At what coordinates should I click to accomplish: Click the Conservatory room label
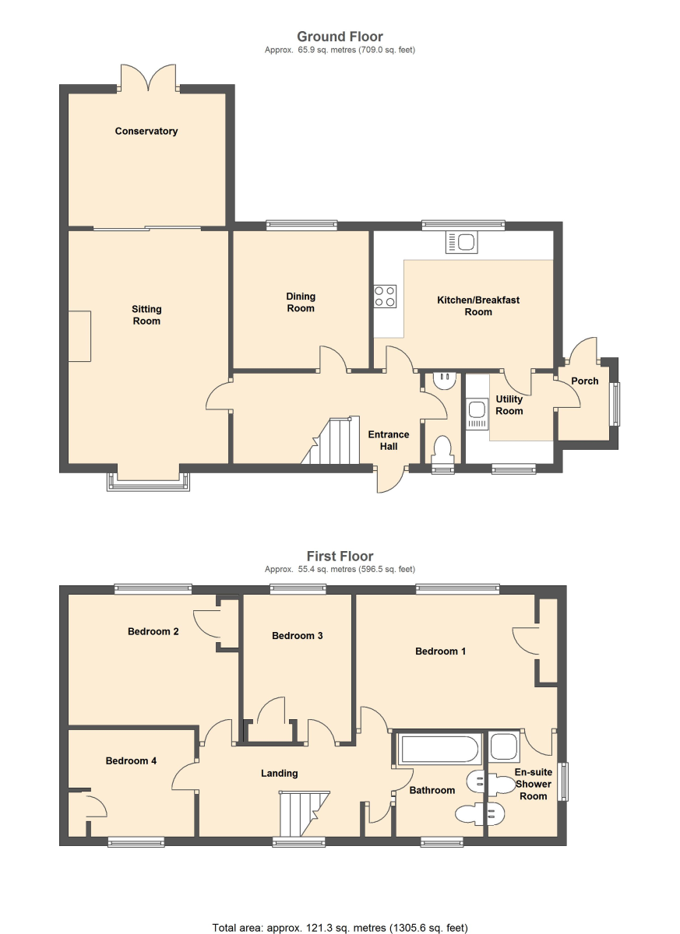click(146, 131)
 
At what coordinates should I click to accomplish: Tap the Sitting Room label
click(146, 314)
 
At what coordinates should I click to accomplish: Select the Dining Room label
click(301, 302)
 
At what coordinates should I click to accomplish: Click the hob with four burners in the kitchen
click(385, 296)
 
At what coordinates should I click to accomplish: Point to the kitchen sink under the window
click(461, 242)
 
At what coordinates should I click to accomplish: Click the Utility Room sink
click(477, 414)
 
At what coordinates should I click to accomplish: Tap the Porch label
click(584, 381)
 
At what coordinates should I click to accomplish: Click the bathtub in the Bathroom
click(439, 750)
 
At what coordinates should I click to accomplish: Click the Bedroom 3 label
click(297, 635)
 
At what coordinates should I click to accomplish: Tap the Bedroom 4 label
click(131, 760)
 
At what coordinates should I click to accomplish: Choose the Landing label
click(279, 774)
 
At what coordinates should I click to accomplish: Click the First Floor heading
click(340, 556)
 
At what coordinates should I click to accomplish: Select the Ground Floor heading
click(340, 37)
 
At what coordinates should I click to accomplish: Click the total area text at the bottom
click(340, 928)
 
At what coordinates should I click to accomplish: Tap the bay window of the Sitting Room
click(148, 482)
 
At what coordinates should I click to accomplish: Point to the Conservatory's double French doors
click(149, 78)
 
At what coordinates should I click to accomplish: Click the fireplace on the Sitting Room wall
click(79, 336)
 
